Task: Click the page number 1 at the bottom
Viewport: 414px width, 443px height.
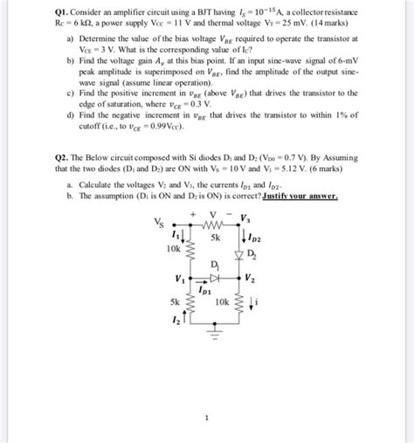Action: point(206,418)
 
